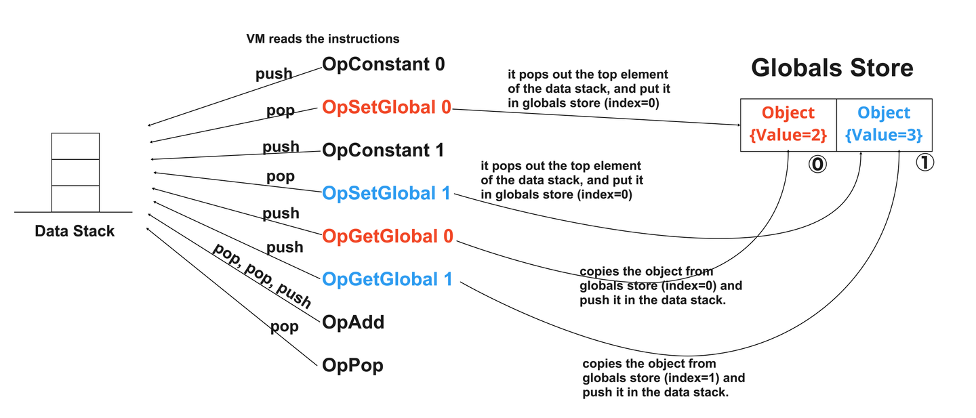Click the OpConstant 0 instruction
pos(384,64)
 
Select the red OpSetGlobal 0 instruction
pos(386,107)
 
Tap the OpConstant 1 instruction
pos(383,150)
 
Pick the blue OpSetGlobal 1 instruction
pos(386,193)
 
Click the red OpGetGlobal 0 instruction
pos(388,236)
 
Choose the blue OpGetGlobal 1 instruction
pos(387,279)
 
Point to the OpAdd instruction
pos(353,322)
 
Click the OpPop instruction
pos(352,366)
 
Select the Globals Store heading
pos(832,68)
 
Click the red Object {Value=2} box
pos(788,125)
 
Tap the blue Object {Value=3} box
pos(884,125)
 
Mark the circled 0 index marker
pos(817,165)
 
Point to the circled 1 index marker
pos(924,163)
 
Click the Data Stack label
pos(75,232)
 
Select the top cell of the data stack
pos(75,146)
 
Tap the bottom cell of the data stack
pos(75,198)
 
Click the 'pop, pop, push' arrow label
pos(262,275)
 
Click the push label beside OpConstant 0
pos(274,75)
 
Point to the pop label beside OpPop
pos(284,327)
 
